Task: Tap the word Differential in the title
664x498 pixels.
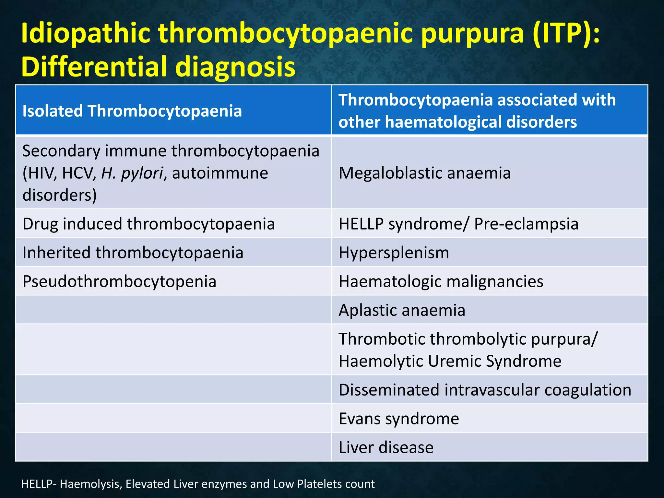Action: pyautogui.click(x=93, y=66)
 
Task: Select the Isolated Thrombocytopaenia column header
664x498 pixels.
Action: pyautogui.click(x=132, y=111)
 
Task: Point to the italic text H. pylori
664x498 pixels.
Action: pyautogui.click(x=132, y=173)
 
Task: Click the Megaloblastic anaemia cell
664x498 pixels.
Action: pyautogui.click(x=424, y=173)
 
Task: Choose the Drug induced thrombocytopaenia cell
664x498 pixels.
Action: pyautogui.click(x=148, y=224)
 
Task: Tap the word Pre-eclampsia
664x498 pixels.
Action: pyautogui.click(x=526, y=224)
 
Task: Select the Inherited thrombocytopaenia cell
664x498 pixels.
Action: pyautogui.click(x=133, y=253)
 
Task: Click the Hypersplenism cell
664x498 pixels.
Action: pyautogui.click(x=394, y=253)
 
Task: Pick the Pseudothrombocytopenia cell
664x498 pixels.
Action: pyautogui.click(x=119, y=281)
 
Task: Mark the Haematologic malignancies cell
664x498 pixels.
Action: pyautogui.click(x=441, y=281)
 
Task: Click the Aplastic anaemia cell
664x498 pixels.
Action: pyautogui.click(x=402, y=310)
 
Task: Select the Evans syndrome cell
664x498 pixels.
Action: pyautogui.click(x=398, y=419)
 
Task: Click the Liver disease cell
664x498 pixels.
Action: pyautogui.click(x=386, y=447)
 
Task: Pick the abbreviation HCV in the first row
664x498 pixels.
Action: pyautogui.click(x=79, y=173)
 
